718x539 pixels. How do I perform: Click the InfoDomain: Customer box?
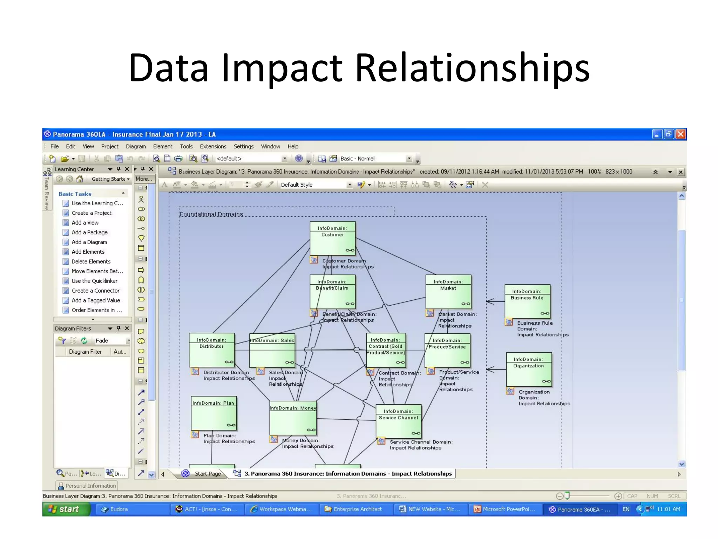tap(332, 238)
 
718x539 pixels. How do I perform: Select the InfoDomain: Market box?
tap(448, 292)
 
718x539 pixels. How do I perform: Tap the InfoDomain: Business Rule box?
tap(527, 301)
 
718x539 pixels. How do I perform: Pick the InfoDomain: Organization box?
tap(529, 369)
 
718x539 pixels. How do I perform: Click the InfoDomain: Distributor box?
tap(211, 350)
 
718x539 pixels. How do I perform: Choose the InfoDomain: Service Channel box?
tap(398, 421)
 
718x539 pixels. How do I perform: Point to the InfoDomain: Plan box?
tap(214, 413)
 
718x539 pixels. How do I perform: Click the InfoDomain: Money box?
tap(293, 418)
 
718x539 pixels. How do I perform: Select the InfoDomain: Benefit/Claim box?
tap(332, 292)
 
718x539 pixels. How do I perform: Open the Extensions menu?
tap(213, 146)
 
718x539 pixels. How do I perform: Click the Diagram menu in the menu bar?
tap(136, 146)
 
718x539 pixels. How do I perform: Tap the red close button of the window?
tap(680, 134)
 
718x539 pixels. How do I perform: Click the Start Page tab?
tap(208, 474)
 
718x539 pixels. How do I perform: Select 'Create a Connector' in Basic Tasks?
tap(95, 291)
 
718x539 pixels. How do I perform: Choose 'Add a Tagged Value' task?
tap(96, 300)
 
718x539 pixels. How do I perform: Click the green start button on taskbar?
tap(65, 509)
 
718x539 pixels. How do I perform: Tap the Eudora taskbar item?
tap(118, 509)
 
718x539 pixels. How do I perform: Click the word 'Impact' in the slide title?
tap(282, 68)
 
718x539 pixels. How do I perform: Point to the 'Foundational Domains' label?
tap(211, 214)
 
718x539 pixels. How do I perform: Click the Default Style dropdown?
tap(316, 185)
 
